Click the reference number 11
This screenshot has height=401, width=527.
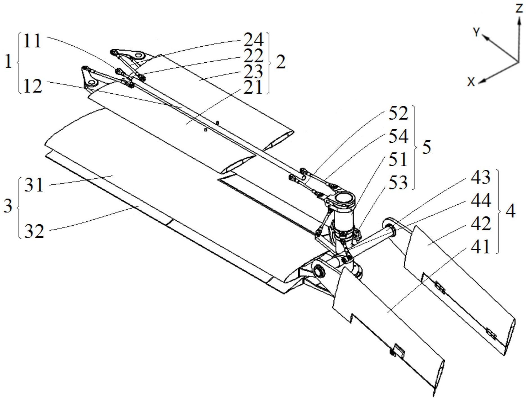click(33, 41)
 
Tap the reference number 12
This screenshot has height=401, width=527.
click(33, 86)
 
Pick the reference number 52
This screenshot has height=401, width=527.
click(398, 114)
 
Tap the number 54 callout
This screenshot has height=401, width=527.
click(398, 137)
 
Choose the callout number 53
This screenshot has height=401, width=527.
click(398, 183)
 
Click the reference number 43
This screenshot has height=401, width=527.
click(481, 177)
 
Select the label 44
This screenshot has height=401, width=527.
click(481, 201)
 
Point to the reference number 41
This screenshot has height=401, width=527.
click(481, 247)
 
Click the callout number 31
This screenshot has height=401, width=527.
click(34, 185)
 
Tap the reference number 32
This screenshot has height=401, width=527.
click(34, 232)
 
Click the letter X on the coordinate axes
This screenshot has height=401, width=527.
click(471, 82)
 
